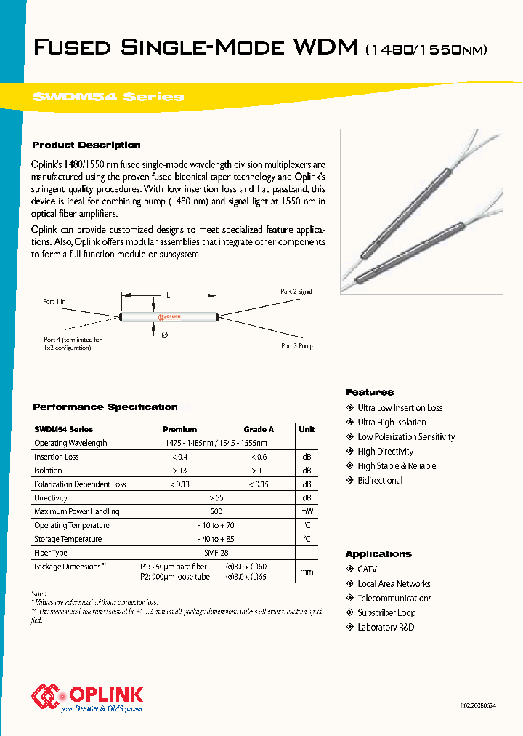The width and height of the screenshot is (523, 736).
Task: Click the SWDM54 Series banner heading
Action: coord(108,97)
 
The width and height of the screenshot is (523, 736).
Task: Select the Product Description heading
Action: coord(86,145)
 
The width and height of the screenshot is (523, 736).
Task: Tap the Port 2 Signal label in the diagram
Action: coord(296,292)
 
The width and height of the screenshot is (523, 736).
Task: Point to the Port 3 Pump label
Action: coord(296,346)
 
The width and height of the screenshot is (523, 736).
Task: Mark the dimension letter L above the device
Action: coord(168,296)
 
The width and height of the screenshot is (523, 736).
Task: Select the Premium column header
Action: coord(179,429)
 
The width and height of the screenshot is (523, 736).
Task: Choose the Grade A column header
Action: coord(259,429)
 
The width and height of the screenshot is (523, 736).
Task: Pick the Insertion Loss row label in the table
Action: coord(57,457)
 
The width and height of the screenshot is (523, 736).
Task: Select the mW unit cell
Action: coord(307,512)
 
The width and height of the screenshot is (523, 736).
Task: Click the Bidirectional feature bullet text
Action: coord(380,481)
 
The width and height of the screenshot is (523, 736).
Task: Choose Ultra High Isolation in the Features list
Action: coord(392,423)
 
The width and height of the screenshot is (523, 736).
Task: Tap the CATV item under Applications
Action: coord(367,569)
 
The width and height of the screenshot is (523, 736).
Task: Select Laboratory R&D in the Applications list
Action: coord(386,628)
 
